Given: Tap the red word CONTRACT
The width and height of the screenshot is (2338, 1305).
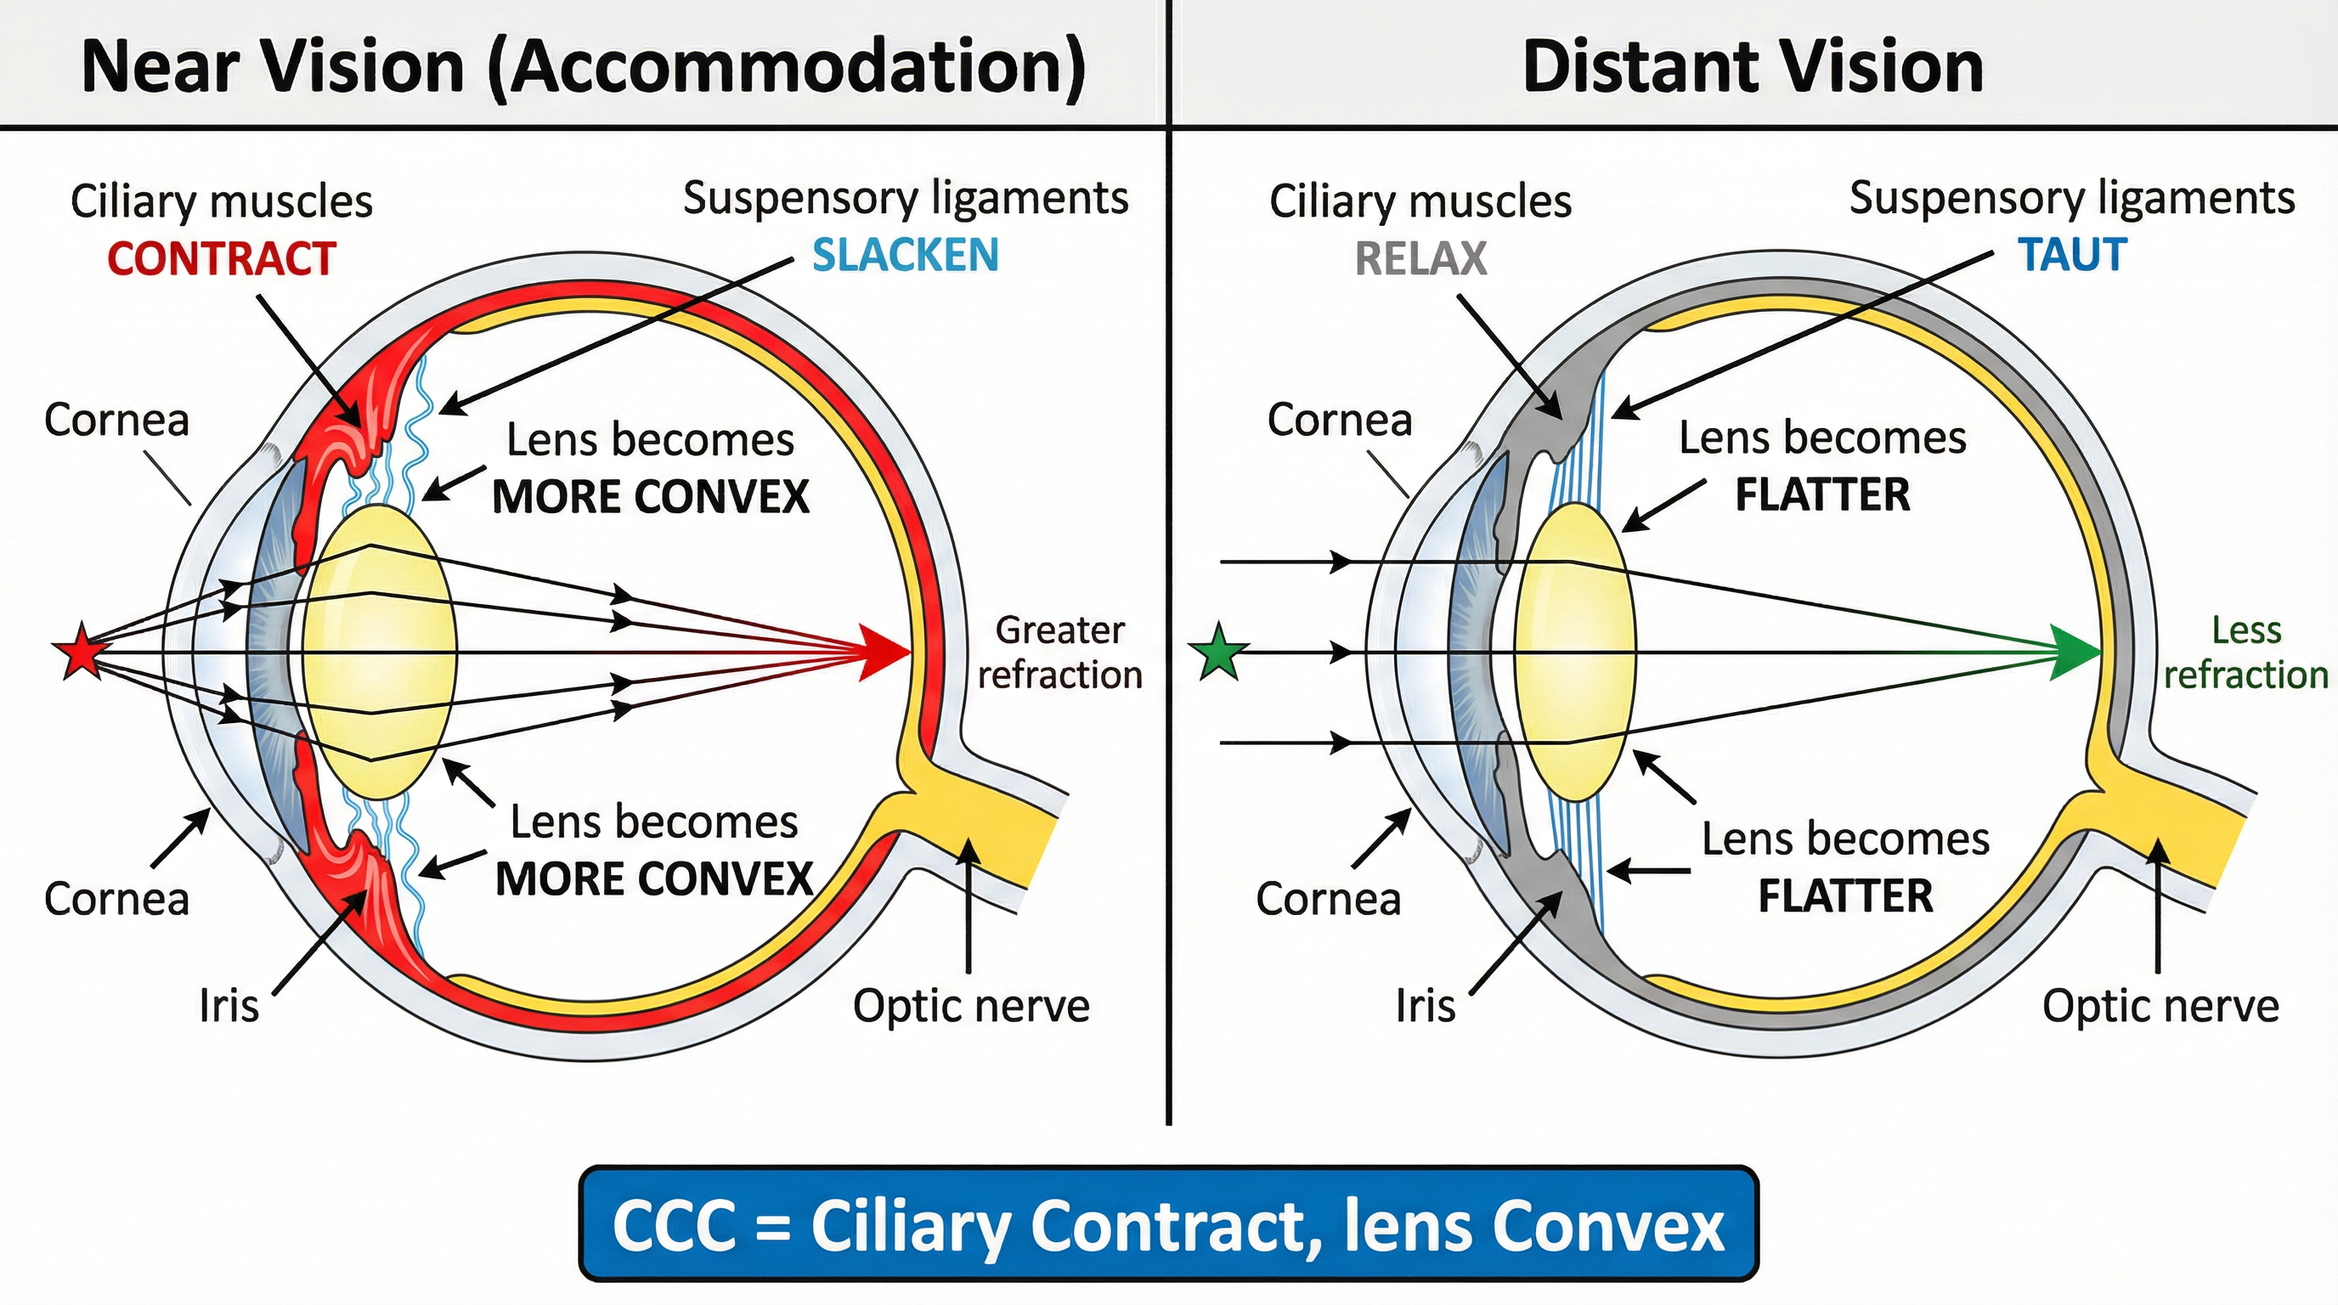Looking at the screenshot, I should pos(222,258).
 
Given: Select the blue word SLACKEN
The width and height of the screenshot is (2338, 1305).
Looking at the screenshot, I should pos(905,255).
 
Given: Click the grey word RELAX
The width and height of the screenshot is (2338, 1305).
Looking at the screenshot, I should pos(1420,258).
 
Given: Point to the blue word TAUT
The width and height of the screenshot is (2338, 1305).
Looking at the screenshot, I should pos(2072,255).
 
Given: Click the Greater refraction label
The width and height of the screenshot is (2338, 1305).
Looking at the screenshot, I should pos(1059,652).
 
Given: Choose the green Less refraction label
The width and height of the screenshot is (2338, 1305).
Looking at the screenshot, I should pos(2245,652).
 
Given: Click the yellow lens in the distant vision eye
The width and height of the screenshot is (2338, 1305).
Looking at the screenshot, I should pos(1576,652).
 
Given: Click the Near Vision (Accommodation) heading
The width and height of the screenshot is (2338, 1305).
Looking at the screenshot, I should pos(584,66).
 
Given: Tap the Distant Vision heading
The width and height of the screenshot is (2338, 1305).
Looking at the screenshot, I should pos(1753,66).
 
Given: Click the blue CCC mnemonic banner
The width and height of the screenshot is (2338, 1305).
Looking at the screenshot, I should pos(1168,1224).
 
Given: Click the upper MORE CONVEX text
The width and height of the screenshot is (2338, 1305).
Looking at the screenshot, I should pos(650,496).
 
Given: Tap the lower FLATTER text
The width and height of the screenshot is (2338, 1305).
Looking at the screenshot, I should pos(1845,895).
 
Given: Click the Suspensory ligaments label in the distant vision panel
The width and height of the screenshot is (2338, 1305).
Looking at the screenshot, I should pos(2072,198).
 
